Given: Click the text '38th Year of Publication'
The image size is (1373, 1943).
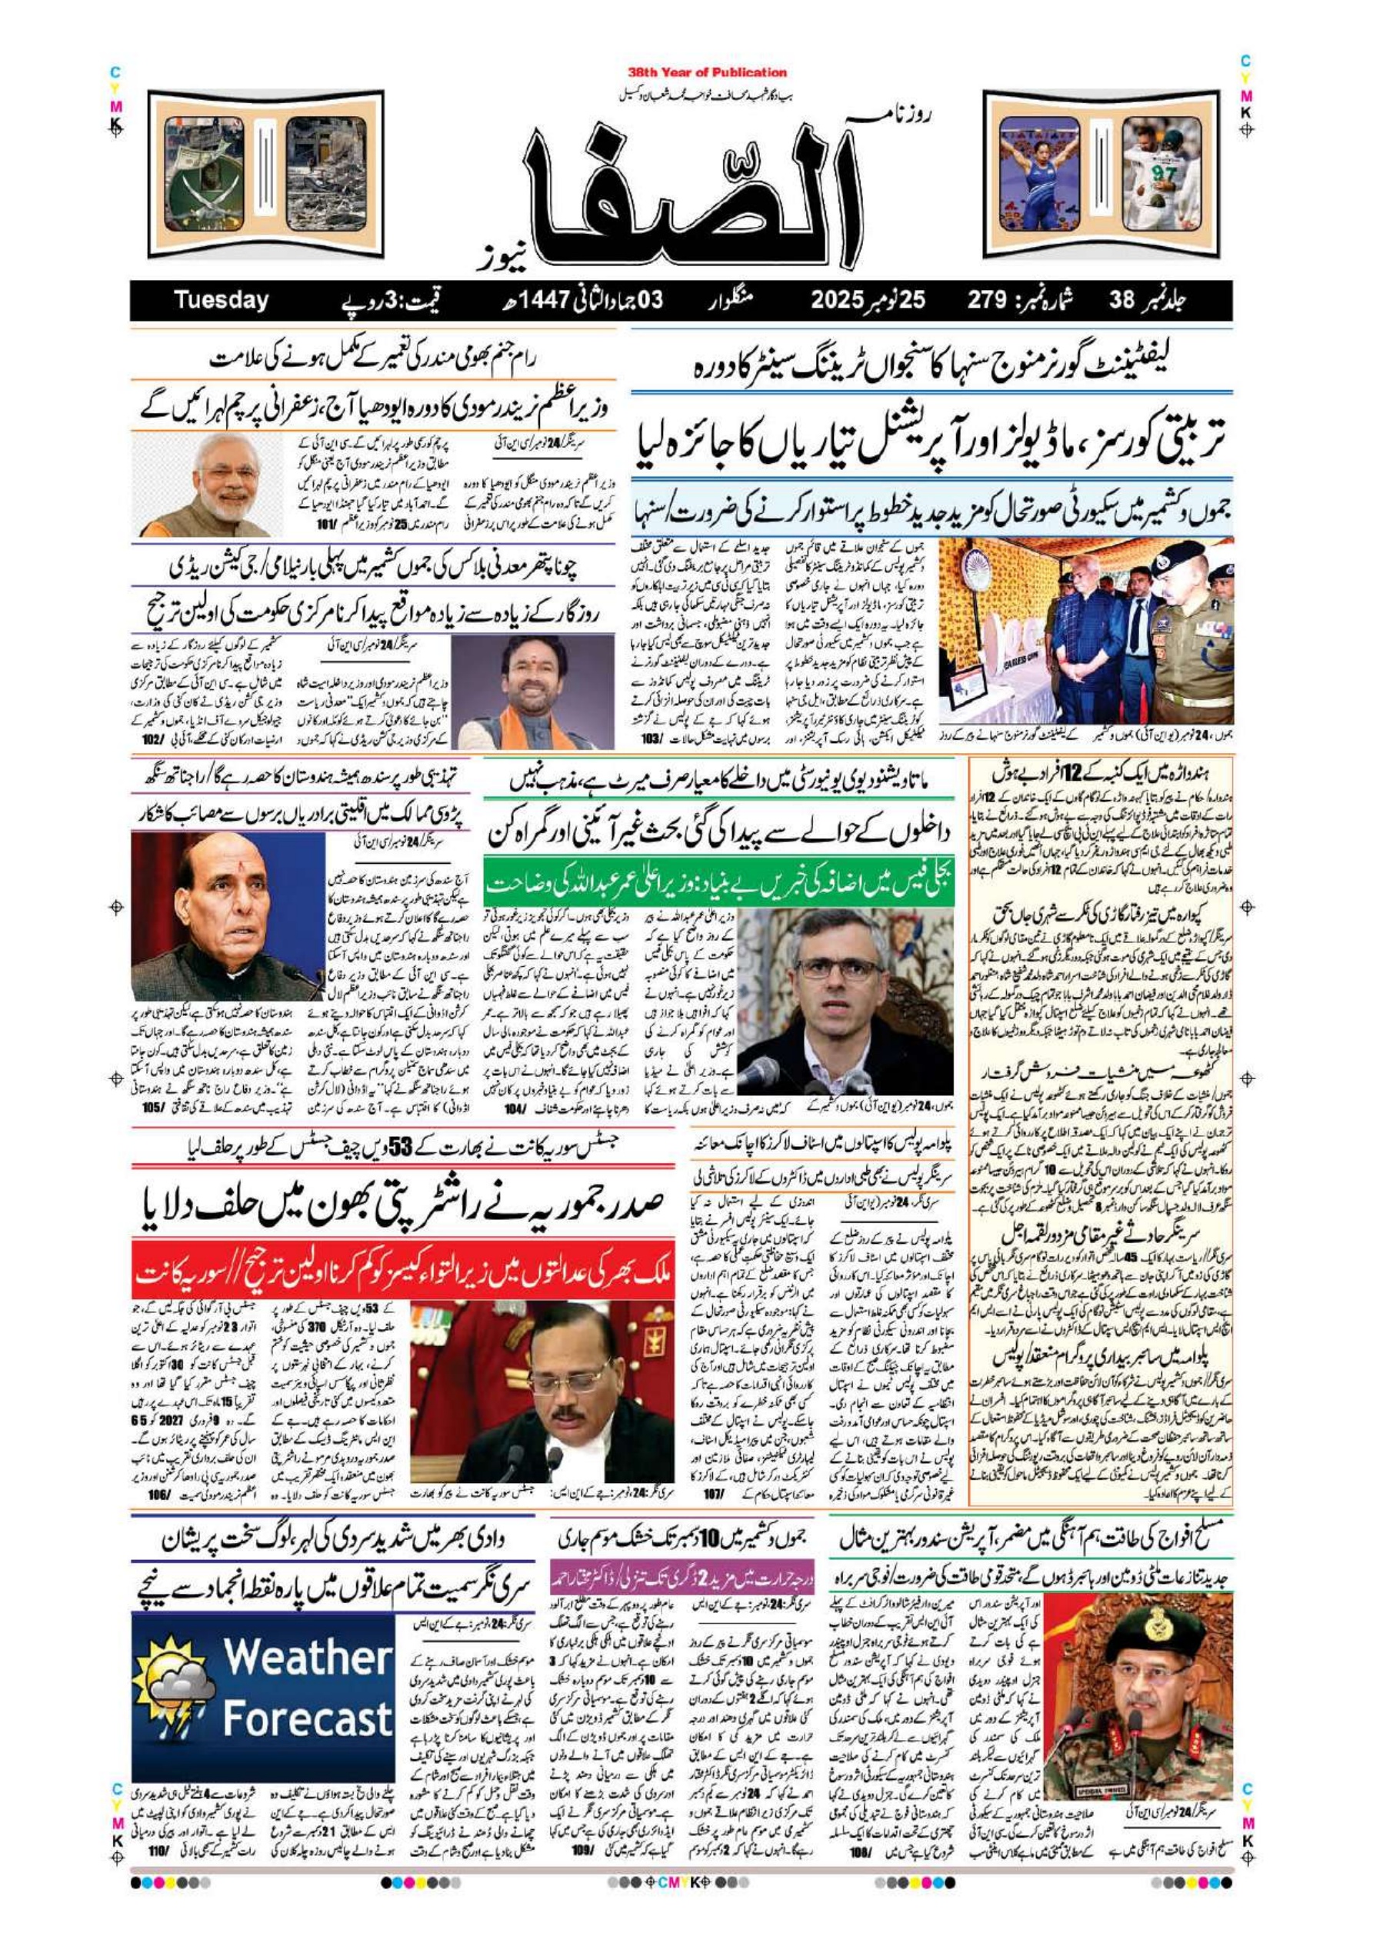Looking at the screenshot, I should click(708, 73).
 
